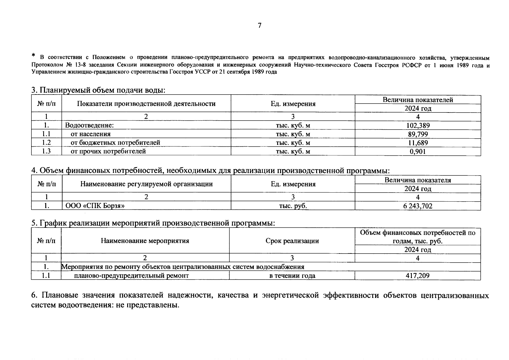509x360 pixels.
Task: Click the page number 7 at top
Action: (259, 25)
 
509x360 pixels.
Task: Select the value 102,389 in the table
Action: (418, 125)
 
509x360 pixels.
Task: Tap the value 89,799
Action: (418, 134)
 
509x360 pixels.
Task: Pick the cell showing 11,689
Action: (418, 143)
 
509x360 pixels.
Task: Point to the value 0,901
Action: (418, 151)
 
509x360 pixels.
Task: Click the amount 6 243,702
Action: (418, 206)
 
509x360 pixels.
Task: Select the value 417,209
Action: (418, 275)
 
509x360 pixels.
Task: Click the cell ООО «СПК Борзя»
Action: (95, 206)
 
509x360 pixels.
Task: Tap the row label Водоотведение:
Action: (90, 125)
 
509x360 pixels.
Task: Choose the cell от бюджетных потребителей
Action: (115, 143)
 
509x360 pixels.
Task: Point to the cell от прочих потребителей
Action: (108, 151)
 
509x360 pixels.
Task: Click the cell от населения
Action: (91, 134)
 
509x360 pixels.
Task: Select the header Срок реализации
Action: (292, 241)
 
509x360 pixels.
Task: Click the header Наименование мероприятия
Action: (145, 241)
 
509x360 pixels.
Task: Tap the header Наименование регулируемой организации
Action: (146, 184)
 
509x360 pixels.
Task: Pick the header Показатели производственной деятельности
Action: (146, 104)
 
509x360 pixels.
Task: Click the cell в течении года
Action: (292, 275)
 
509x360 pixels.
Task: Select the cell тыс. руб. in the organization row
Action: (293, 206)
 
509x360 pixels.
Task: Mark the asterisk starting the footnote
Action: (34, 56)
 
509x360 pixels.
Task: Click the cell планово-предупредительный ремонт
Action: (131, 275)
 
